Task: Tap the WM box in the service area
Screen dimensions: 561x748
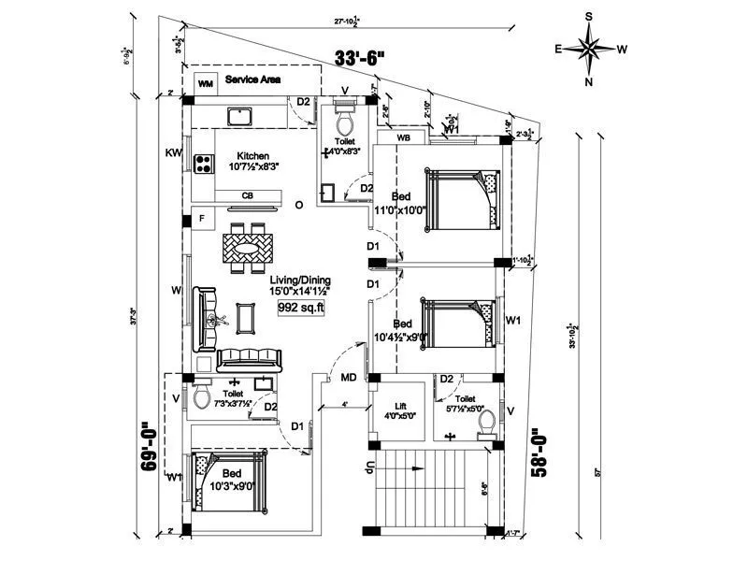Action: tap(206, 82)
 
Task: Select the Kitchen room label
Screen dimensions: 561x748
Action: tap(252, 156)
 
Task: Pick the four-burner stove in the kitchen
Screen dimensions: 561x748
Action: tap(203, 164)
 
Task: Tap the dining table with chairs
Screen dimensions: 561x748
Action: tap(249, 249)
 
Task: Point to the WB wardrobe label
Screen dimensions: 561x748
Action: tap(404, 137)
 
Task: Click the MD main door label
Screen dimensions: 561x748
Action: tap(348, 379)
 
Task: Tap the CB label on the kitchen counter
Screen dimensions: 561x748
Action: tap(248, 195)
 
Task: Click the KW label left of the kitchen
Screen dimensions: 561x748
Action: tap(173, 151)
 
